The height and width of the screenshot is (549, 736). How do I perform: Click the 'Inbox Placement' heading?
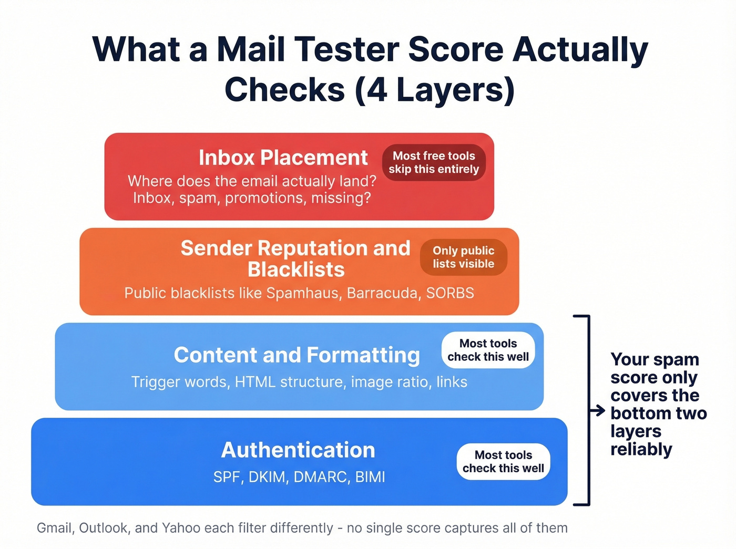[x=283, y=158]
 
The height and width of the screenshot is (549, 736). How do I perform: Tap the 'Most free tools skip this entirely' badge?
[x=434, y=162]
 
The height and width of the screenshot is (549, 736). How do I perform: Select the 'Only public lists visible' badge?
[x=463, y=257]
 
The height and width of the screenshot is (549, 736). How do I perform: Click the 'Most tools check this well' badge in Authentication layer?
[x=503, y=461]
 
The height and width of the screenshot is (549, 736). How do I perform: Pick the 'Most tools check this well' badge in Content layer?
[x=488, y=350]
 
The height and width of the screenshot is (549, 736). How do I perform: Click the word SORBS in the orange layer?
[x=450, y=293]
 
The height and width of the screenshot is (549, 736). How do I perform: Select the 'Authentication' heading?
[x=298, y=450]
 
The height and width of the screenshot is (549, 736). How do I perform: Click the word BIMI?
[x=370, y=477]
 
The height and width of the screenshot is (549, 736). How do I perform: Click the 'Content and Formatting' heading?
[x=297, y=355]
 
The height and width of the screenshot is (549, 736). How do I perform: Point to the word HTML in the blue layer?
[x=255, y=382]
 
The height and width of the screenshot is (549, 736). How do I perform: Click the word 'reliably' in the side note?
[x=641, y=449]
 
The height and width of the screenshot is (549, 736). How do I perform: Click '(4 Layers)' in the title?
[x=435, y=89]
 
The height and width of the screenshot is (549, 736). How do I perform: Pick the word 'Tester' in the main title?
[x=346, y=49]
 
